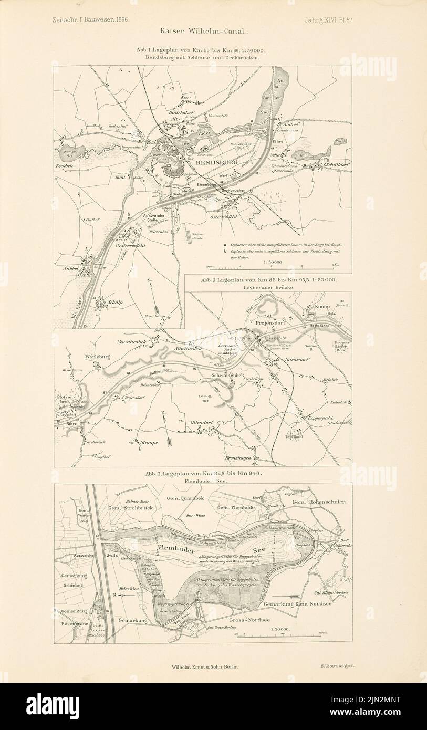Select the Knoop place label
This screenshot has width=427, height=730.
point(322,306)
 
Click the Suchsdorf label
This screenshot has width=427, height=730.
point(297,360)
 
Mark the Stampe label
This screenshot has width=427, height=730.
point(149,443)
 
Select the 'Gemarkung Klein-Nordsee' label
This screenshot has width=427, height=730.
point(297,604)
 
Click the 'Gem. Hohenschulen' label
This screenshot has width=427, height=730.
point(318,502)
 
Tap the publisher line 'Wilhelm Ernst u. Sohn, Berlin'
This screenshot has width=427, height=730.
point(205,666)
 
